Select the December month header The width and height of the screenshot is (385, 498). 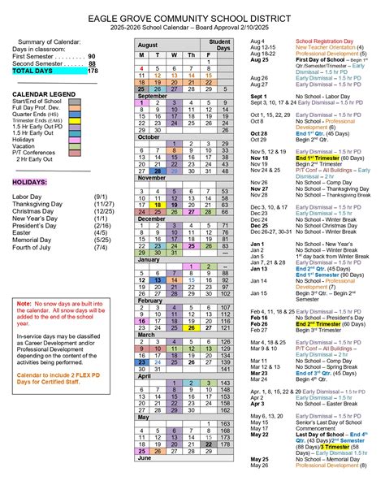[x=151, y=219]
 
